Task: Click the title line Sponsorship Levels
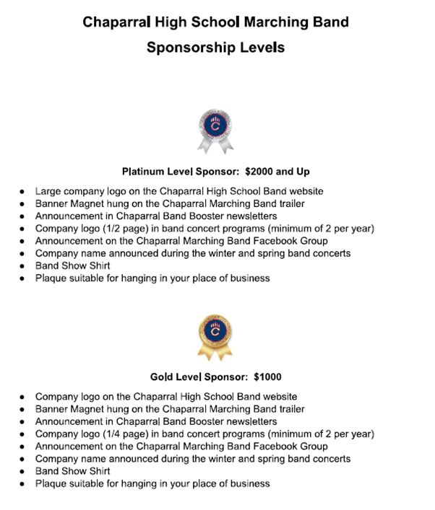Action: (x=217, y=48)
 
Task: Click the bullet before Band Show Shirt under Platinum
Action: (x=23, y=266)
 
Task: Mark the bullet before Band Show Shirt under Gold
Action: (x=23, y=471)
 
